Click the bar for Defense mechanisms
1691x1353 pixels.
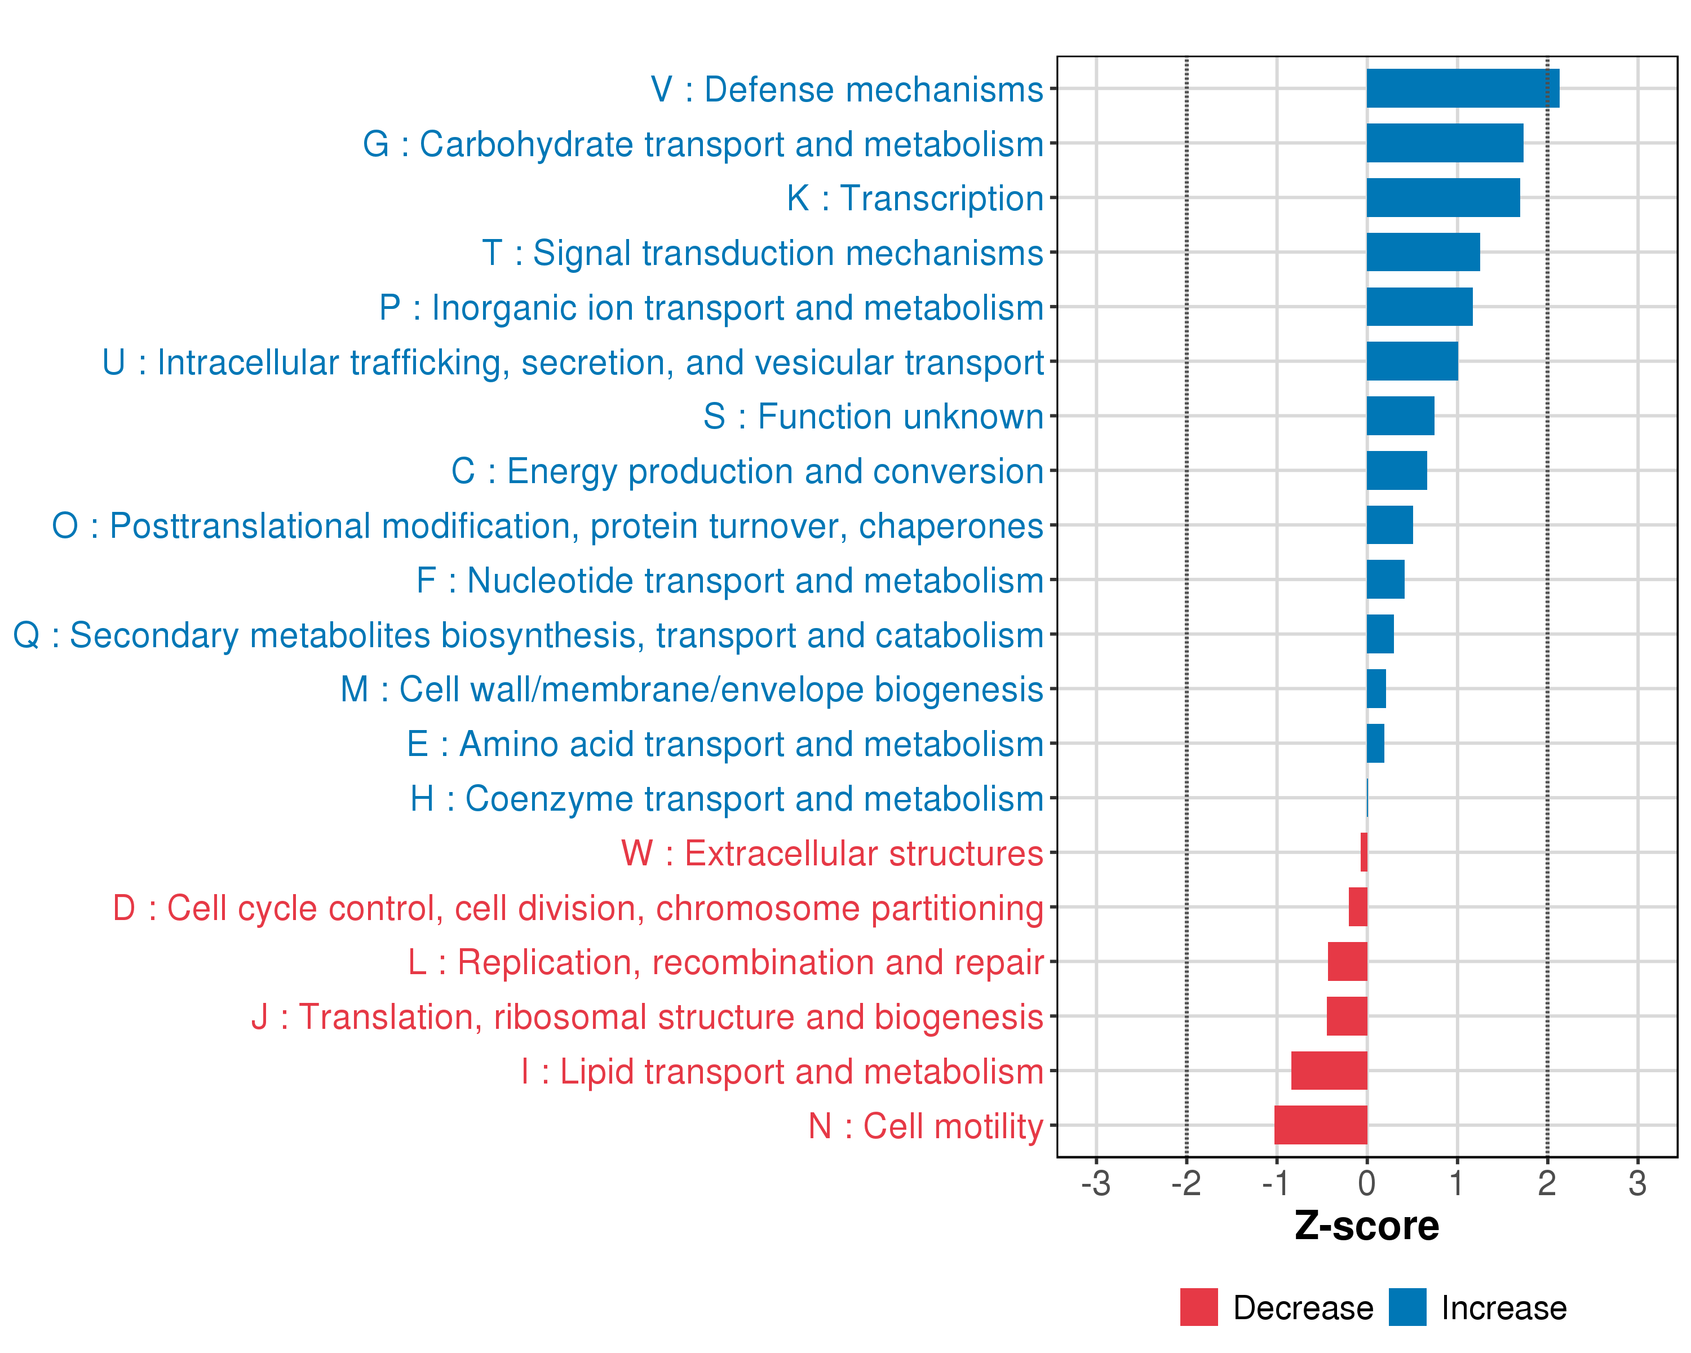tap(1463, 89)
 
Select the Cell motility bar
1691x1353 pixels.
tap(1321, 1125)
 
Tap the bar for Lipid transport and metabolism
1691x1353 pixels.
tap(1330, 1071)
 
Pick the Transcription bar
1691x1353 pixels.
tap(1443, 198)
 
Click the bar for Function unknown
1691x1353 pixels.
tap(1401, 415)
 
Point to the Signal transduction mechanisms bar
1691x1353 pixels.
tap(1424, 253)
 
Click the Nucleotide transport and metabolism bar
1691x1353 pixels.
tap(1386, 580)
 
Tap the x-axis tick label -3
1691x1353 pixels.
tap(1096, 1183)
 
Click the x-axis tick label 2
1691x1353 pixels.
tap(1547, 1183)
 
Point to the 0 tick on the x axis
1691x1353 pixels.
tap(1367, 1183)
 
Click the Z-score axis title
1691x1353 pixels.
tap(1367, 1226)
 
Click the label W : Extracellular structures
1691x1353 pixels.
tap(832, 854)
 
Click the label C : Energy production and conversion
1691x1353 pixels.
tap(747, 471)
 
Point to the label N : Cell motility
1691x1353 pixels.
tap(926, 1126)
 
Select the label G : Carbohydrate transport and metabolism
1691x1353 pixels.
tap(703, 144)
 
